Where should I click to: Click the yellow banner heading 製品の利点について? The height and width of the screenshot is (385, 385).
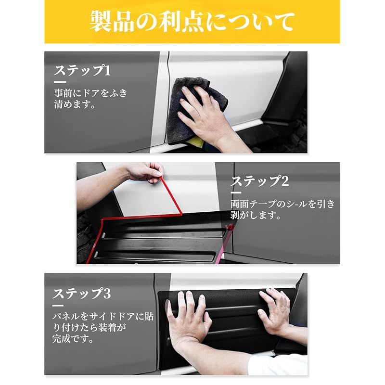[x=192, y=22]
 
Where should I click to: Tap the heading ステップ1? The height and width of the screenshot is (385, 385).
[x=82, y=71]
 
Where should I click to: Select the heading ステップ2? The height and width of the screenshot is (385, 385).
[x=260, y=181]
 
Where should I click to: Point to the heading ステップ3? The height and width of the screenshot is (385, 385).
[x=81, y=294]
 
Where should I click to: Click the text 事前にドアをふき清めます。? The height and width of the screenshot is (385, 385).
[x=90, y=99]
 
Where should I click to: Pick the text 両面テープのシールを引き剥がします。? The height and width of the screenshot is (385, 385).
[x=282, y=209]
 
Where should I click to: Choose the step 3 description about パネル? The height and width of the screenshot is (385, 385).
[x=103, y=328]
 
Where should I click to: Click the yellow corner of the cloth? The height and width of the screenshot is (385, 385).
[x=196, y=142]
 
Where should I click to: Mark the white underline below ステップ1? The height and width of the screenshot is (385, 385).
[x=60, y=82]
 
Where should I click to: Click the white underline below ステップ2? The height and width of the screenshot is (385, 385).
[x=236, y=193]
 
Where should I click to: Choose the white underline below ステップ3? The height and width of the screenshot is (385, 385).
[x=58, y=306]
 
